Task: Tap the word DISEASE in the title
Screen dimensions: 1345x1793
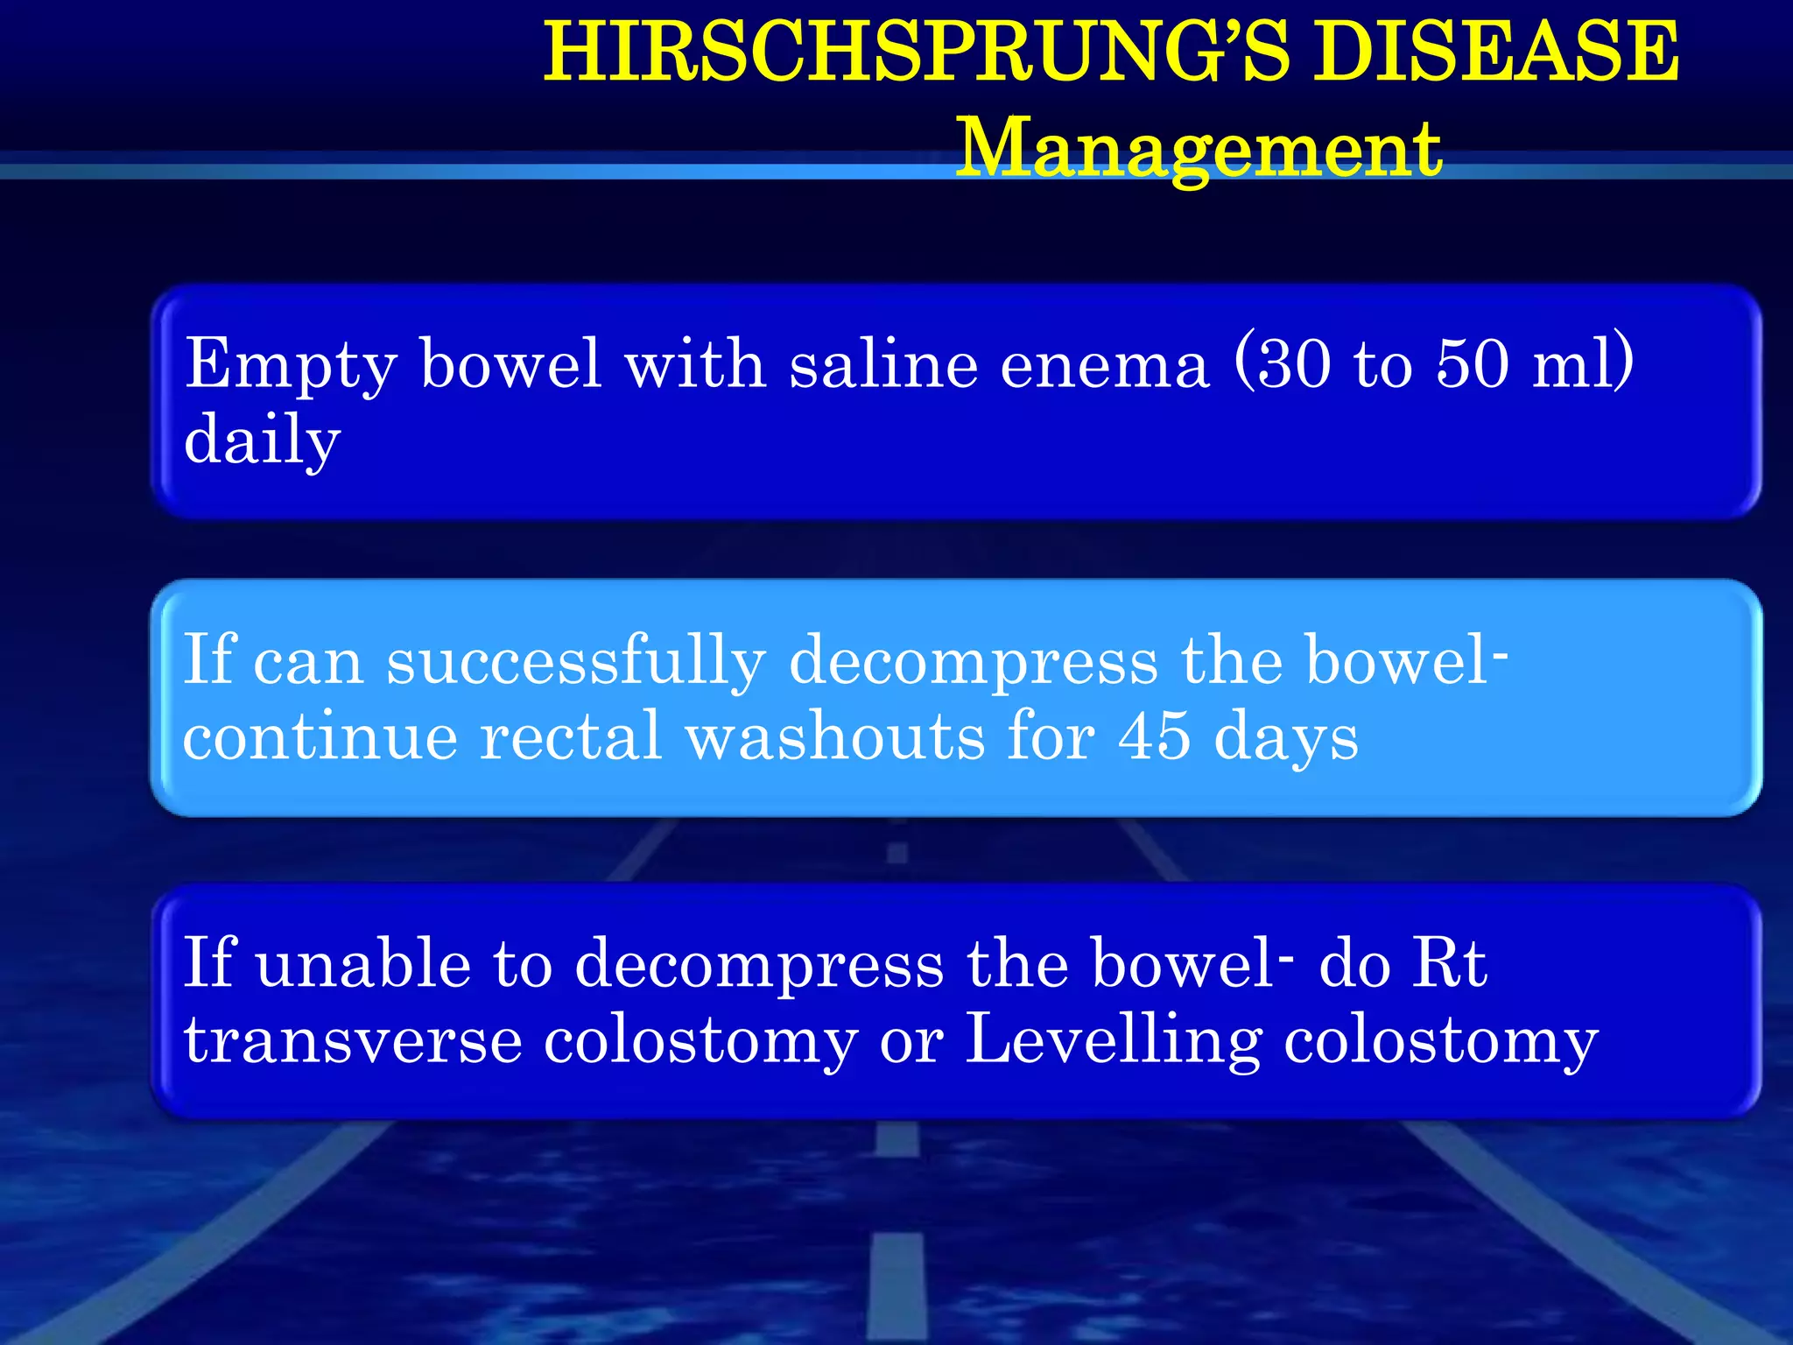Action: (x=1497, y=53)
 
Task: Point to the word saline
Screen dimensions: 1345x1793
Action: (x=883, y=363)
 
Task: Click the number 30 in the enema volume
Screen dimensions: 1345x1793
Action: (x=1295, y=363)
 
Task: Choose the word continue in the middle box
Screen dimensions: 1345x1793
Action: (x=320, y=736)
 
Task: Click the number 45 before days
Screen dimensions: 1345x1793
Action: (x=1154, y=736)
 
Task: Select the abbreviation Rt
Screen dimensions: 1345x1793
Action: (x=1450, y=963)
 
